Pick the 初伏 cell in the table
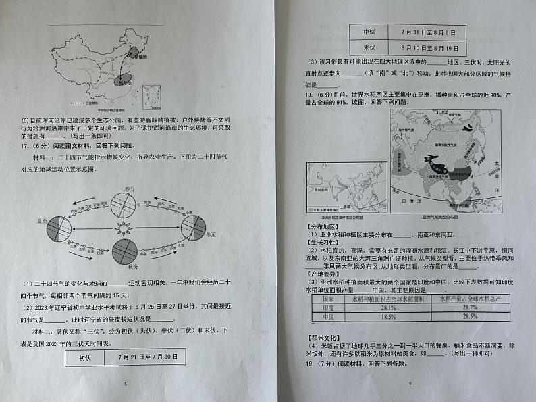84,357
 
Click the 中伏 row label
369,32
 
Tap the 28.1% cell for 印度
387,307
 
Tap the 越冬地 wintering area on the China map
124,82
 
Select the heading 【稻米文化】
325,336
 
